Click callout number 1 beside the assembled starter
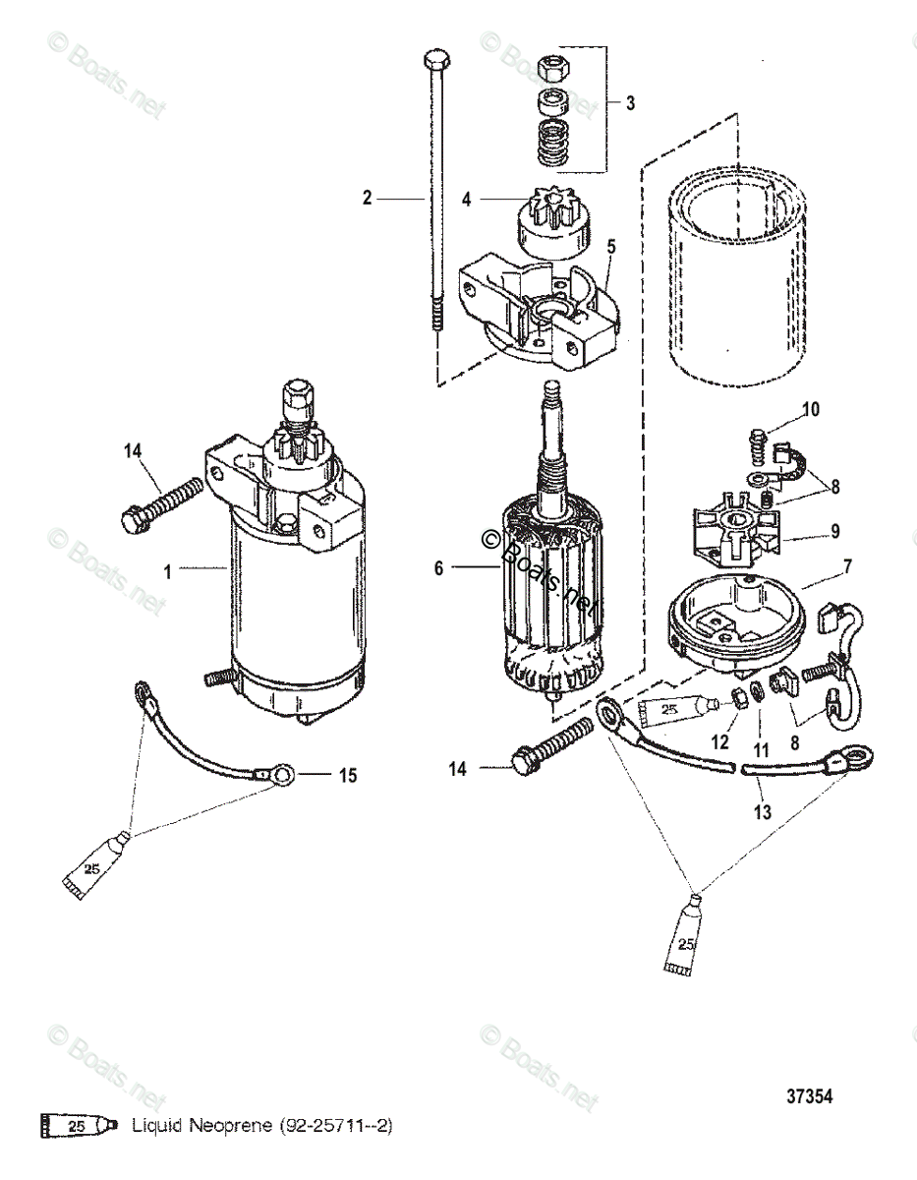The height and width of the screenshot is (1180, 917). [x=167, y=570]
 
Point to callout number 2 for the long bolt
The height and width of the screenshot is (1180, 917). [x=368, y=198]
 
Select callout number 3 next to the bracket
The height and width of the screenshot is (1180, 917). [x=631, y=102]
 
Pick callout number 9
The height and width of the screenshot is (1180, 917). [x=834, y=531]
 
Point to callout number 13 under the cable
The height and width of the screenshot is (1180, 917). [x=762, y=812]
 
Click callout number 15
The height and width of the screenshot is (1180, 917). [x=346, y=776]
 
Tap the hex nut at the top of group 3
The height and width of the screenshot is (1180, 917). [x=552, y=69]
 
